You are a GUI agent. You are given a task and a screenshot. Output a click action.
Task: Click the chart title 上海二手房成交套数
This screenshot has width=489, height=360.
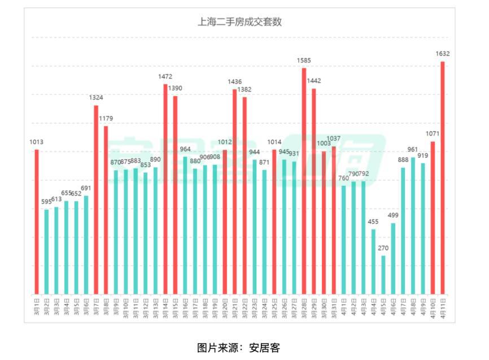[x=239, y=23]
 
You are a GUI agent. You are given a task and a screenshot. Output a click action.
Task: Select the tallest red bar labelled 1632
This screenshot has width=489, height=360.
[x=443, y=177]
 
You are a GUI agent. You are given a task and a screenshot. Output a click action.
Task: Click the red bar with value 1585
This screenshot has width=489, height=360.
[x=304, y=181]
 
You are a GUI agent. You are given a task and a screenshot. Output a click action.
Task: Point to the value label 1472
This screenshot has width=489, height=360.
[x=165, y=76]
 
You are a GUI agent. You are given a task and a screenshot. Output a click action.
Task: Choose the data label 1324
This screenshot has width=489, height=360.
[x=96, y=98]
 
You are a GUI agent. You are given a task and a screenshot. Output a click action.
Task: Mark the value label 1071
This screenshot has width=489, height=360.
[x=432, y=134]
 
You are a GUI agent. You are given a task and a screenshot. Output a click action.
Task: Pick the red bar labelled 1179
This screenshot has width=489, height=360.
[x=106, y=210]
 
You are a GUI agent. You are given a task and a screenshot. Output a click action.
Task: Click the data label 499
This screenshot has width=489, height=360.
[x=393, y=215]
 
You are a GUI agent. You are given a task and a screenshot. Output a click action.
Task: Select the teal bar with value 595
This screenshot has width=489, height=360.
[x=46, y=251]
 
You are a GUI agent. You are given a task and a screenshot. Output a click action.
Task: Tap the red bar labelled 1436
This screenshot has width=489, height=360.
[x=234, y=192]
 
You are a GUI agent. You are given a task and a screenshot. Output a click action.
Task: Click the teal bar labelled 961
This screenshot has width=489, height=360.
[x=413, y=225]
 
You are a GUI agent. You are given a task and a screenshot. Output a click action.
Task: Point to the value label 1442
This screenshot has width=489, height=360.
[x=314, y=81]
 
